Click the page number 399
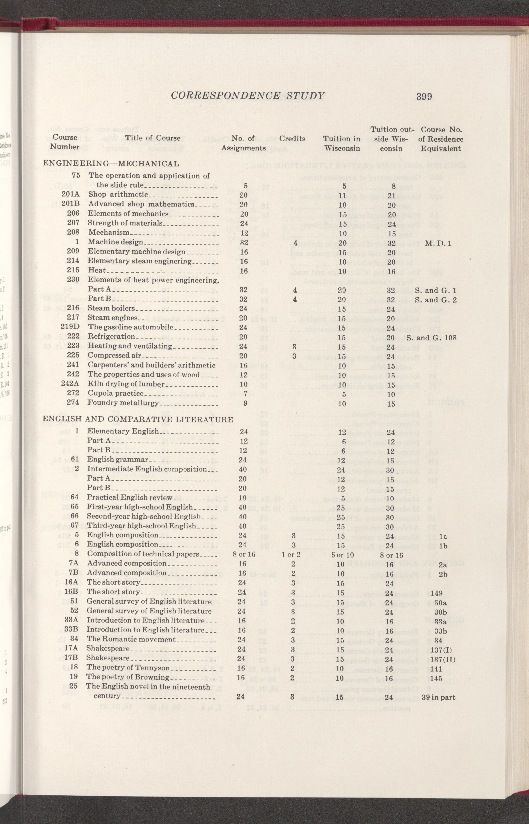click(x=424, y=96)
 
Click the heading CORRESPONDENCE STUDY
click(x=247, y=96)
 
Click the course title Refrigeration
click(x=111, y=336)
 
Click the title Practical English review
click(x=129, y=497)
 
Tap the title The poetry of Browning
click(x=128, y=677)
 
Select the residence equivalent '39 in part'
click(x=438, y=697)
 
